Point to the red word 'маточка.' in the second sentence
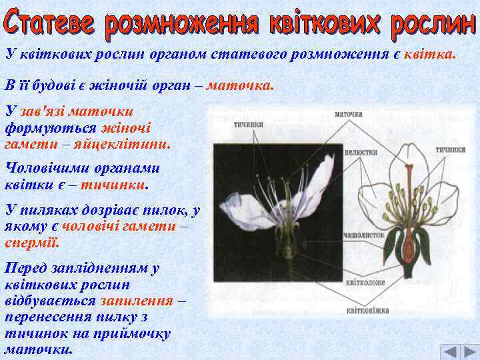(x=240, y=86)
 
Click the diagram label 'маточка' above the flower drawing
(x=348, y=114)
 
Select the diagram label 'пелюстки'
(x=361, y=153)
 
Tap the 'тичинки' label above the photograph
(x=248, y=124)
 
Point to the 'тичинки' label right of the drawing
(x=451, y=149)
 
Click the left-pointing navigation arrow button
(x=451, y=351)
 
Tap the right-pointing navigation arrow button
(x=469, y=351)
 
